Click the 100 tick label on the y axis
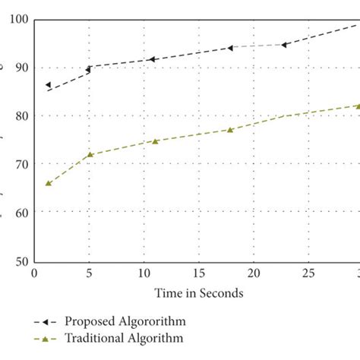click(15, 19)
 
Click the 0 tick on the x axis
click(33, 273)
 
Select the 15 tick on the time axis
click(199, 273)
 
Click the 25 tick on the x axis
click(309, 273)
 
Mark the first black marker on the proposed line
click(48, 85)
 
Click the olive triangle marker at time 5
click(90, 155)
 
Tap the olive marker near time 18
click(230, 130)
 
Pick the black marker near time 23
click(284, 45)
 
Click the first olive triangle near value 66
click(48, 183)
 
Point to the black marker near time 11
click(152, 59)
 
